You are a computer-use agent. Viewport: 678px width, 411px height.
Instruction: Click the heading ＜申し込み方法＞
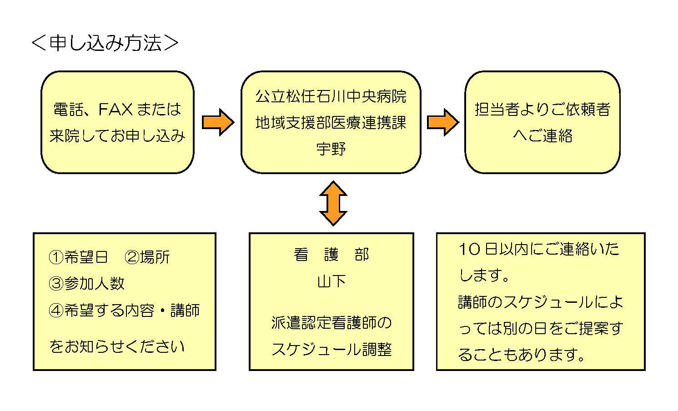click(x=105, y=43)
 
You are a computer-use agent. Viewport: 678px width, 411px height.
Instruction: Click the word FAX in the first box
click(x=116, y=109)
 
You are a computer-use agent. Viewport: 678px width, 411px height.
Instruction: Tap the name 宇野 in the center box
click(x=331, y=149)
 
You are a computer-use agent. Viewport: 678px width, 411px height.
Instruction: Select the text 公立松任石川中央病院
click(x=331, y=96)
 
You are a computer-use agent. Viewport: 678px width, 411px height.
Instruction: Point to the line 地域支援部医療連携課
click(x=331, y=123)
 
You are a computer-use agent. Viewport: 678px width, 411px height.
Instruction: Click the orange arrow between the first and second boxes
click(x=218, y=122)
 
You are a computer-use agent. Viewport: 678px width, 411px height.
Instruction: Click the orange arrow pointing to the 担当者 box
click(x=443, y=122)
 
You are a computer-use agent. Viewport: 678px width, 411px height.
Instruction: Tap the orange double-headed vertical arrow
click(x=333, y=203)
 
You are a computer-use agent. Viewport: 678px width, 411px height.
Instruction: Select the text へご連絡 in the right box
click(x=542, y=135)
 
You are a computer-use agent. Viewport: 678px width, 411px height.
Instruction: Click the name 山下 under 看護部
click(x=331, y=281)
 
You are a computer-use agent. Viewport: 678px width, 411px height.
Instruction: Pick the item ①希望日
click(x=78, y=257)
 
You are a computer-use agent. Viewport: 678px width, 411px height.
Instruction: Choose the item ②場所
click(x=147, y=257)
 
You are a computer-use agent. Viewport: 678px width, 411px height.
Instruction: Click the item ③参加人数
click(x=86, y=284)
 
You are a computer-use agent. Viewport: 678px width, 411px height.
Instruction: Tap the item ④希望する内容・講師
click(x=124, y=310)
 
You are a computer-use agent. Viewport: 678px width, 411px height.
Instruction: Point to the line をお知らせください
click(x=117, y=346)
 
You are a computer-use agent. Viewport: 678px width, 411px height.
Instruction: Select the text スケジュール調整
click(x=331, y=350)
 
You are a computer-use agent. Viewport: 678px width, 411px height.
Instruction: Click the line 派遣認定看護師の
click(x=331, y=323)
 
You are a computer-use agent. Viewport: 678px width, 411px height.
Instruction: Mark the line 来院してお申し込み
click(x=117, y=135)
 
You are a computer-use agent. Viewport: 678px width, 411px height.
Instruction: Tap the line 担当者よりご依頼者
click(x=542, y=109)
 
